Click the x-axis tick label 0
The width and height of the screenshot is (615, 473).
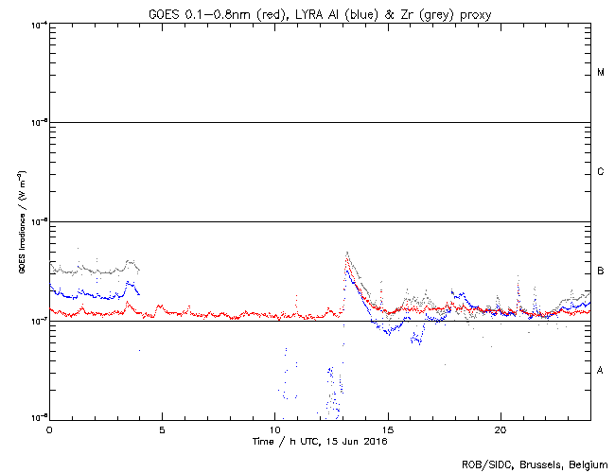click(49, 429)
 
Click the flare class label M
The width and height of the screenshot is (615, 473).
click(601, 73)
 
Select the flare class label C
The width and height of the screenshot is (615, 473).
click(601, 172)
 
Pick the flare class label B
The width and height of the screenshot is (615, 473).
click(601, 272)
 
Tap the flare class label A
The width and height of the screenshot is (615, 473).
click(601, 370)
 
